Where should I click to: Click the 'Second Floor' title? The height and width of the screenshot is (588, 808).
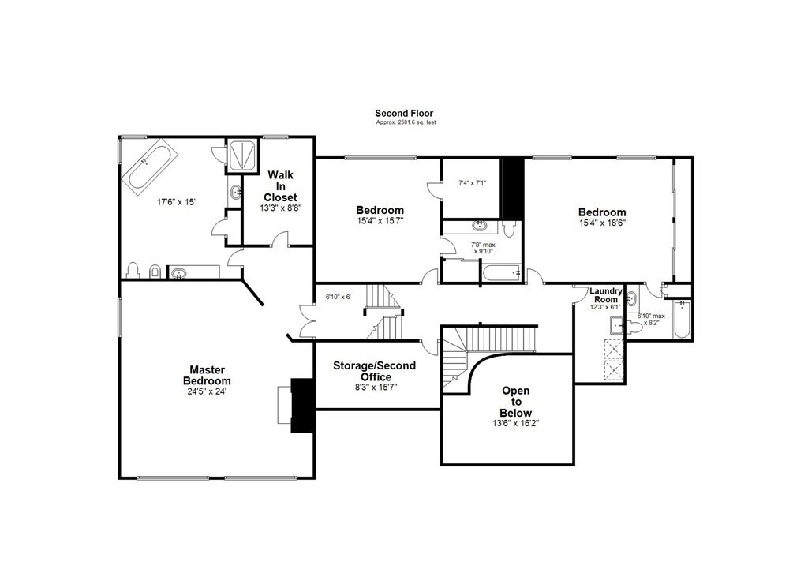tap(404, 114)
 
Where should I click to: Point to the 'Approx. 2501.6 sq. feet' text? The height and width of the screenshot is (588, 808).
tap(406, 122)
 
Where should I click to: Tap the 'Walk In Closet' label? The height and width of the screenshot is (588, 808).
tap(280, 186)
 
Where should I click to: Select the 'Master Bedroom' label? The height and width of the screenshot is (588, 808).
tap(208, 375)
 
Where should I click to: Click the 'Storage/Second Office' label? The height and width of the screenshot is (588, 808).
tap(374, 371)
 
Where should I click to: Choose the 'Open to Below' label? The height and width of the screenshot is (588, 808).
tap(516, 402)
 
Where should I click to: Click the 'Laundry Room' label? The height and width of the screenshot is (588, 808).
tap(605, 295)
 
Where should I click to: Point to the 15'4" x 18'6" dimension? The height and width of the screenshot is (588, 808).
tap(602, 223)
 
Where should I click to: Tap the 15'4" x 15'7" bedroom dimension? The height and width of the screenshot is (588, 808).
tap(380, 220)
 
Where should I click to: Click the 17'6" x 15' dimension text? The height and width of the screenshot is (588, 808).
tap(176, 202)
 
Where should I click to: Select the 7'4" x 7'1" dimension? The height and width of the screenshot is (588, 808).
tap(472, 182)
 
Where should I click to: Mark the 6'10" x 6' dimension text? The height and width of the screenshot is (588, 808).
tap(338, 297)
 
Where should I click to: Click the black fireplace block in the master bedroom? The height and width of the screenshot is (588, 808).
tap(302, 405)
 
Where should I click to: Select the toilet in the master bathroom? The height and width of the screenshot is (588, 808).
tap(133, 271)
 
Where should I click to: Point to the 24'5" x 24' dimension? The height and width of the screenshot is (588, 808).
tap(208, 391)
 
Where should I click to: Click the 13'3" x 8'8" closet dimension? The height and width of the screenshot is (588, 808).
tap(280, 208)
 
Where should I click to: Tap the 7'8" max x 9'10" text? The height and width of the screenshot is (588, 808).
tap(483, 248)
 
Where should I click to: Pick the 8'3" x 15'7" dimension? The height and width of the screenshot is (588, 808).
tap(376, 388)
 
